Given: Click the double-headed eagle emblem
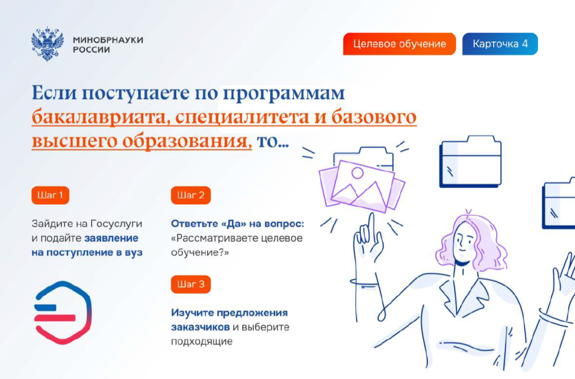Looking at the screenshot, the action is click(x=47, y=44).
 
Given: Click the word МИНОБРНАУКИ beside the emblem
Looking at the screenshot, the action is click(x=108, y=40).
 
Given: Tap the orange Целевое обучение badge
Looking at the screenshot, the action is click(x=399, y=44).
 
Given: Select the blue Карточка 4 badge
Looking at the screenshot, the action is click(x=500, y=44).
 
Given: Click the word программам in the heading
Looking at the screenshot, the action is click(x=284, y=93).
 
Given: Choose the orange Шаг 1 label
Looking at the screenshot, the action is click(x=50, y=195).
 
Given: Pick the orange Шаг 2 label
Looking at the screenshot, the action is click(x=191, y=195).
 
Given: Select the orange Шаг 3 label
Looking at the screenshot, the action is click(x=191, y=284).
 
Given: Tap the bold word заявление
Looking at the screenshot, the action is click(x=111, y=238).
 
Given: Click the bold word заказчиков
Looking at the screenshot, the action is click(x=200, y=327).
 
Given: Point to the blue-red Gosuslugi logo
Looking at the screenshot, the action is click(x=63, y=312).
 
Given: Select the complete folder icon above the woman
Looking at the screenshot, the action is click(x=470, y=161).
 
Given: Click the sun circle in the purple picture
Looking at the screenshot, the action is click(x=357, y=173).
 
